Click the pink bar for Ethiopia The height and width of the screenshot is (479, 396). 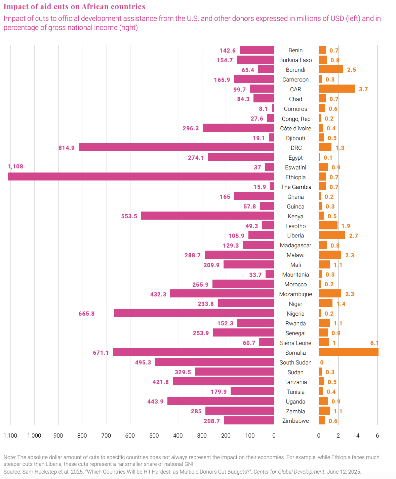pyautogui.click(x=141, y=177)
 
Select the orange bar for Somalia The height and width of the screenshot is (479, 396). pyautogui.click(x=348, y=352)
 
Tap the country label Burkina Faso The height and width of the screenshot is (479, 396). pyautogui.click(x=295, y=60)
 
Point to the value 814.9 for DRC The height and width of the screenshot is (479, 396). pyautogui.click(x=67, y=148)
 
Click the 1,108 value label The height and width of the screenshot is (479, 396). pyautogui.click(x=15, y=166)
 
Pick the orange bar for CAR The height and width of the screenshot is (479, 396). pyautogui.click(x=336, y=89)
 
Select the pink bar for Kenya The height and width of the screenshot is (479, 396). pyautogui.click(x=207, y=216)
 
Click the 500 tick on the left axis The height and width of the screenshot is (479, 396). pyautogui.click(x=154, y=436)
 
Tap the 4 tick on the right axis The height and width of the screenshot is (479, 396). pyautogui.click(x=358, y=436)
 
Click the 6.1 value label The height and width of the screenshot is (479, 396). pyautogui.click(x=374, y=343)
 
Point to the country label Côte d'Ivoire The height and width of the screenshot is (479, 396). pyautogui.click(x=295, y=128)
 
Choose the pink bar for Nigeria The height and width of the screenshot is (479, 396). pyautogui.click(x=194, y=313)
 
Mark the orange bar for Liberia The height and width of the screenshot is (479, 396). pyautogui.click(x=332, y=235)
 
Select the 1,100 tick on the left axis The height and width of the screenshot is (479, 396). pyautogui.click(x=10, y=436)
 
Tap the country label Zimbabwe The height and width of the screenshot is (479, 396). pyautogui.click(x=295, y=421)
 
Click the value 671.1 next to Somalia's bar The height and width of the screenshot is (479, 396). pyautogui.click(x=101, y=353)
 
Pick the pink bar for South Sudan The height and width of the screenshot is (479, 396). pyautogui.click(x=214, y=362)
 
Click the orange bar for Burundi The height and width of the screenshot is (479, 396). pyautogui.click(x=331, y=69)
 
